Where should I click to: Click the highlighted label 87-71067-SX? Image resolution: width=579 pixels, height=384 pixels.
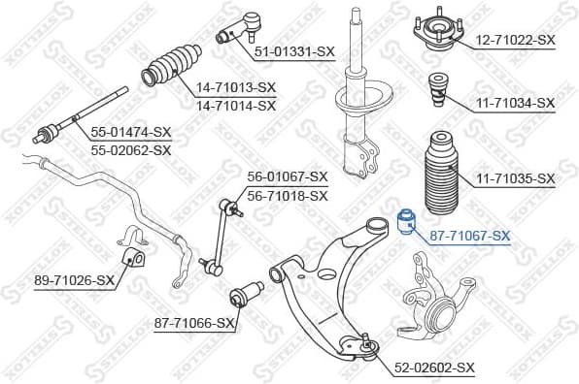coord(469,236)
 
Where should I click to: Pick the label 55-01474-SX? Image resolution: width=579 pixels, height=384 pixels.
coord(130,131)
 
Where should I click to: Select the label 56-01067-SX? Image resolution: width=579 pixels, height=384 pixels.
coord(288,176)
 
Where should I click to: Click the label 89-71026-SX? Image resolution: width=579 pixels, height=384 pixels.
coord(74,281)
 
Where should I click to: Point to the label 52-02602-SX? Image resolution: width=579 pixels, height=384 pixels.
coord(434,368)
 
